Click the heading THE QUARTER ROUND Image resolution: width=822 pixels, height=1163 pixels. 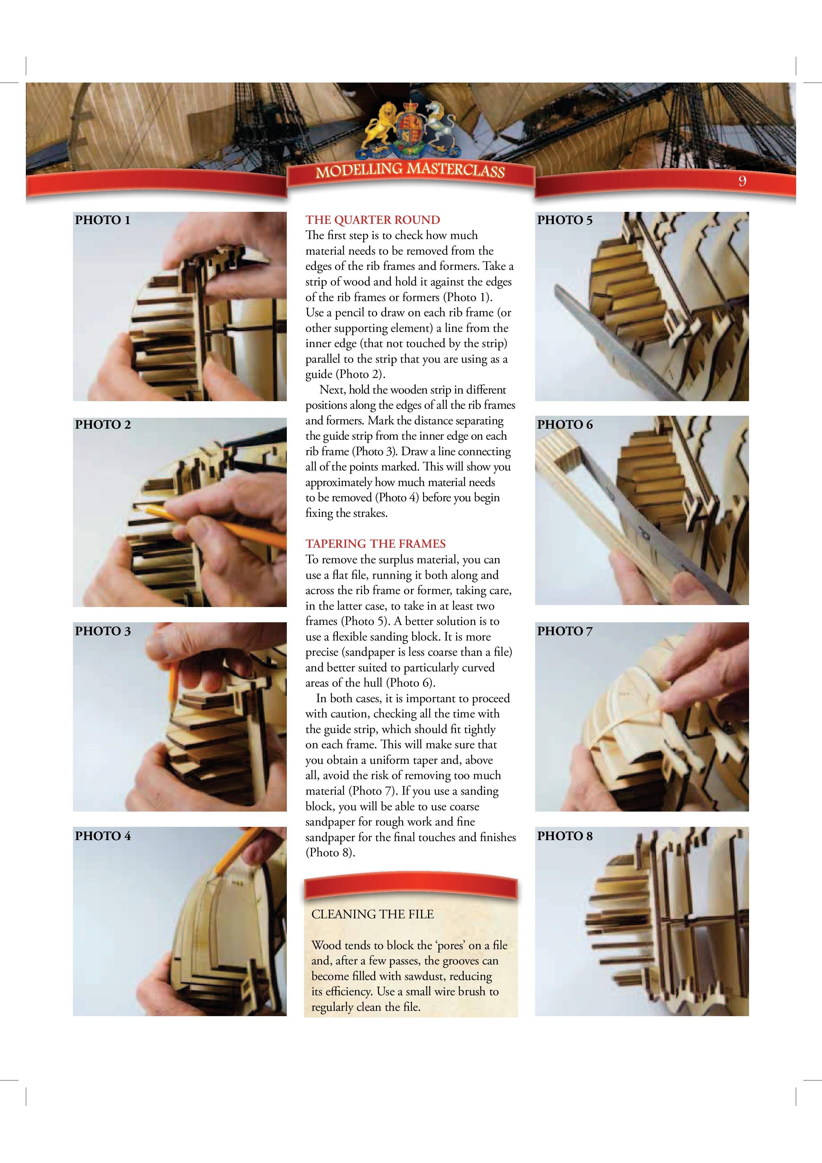coord(373,220)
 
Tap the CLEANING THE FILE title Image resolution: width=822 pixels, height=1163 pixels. coord(373,914)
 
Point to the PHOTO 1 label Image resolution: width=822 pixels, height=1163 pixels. coord(103,220)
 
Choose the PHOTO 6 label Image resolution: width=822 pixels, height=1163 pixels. coord(565,424)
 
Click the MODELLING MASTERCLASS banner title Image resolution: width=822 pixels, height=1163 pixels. coord(410,171)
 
